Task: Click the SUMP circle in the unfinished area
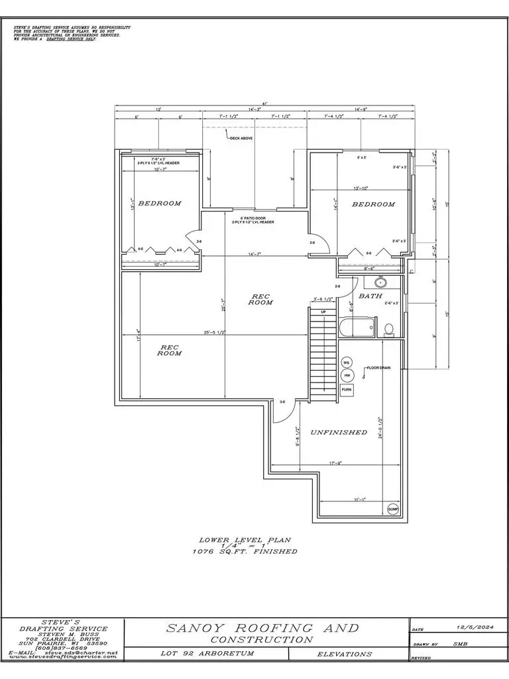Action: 392,509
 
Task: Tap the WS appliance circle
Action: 346,363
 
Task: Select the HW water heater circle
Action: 346,376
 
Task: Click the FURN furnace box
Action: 346,391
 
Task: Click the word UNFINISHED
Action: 339,432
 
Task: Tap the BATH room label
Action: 370,296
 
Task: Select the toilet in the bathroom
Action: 389,329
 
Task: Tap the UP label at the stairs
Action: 323,312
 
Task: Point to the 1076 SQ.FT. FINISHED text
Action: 245,551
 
